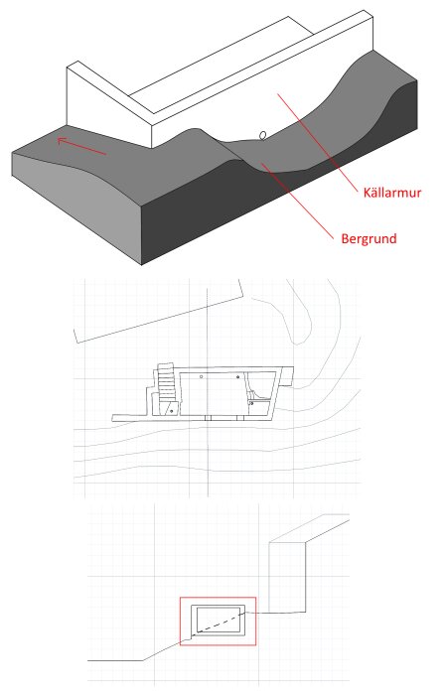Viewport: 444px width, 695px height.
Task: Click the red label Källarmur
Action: click(391, 193)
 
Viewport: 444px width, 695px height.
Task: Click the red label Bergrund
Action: click(369, 238)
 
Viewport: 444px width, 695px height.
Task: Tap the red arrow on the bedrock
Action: click(81, 146)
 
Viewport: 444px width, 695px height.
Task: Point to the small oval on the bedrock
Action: click(263, 135)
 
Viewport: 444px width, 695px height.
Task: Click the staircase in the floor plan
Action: click(165, 382)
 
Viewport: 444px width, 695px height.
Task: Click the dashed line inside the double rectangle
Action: click(221, 621)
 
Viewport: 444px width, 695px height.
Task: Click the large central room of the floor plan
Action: click(213, 394)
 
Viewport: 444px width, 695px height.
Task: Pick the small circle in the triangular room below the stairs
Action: click(172, 411)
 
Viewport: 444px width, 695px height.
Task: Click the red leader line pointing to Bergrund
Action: click(297, 202)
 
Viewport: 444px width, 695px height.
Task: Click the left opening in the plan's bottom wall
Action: click(209, 418)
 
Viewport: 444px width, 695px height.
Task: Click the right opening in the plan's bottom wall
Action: click(240, 418)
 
